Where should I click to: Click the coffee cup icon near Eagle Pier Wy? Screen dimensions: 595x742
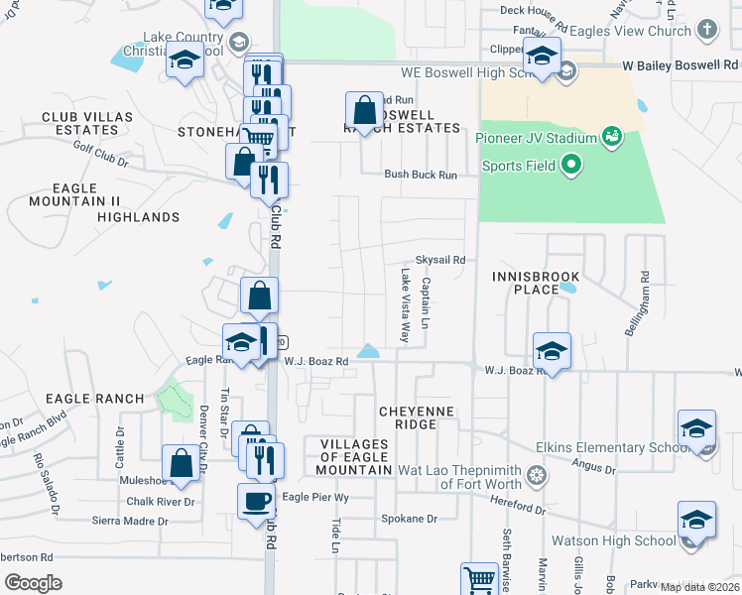tap(256, 500)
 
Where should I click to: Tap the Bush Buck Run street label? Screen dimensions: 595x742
tap(421, 175)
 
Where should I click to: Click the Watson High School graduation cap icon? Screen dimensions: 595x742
tap(696, 520)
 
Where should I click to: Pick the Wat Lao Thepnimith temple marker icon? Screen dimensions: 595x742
tap(537, 473)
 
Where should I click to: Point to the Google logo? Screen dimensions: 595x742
tap(33, 582)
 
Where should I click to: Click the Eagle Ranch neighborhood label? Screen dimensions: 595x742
tap(94, 399)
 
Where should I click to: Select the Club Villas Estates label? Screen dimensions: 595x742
tap(87, 123)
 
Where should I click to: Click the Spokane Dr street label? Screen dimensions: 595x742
tap(409, 519)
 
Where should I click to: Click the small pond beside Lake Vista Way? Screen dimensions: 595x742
tap(369, 351)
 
